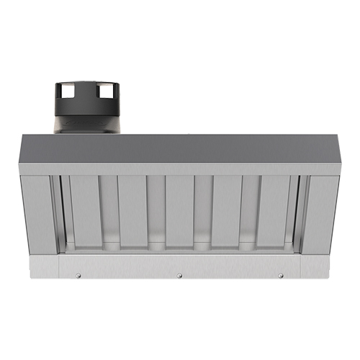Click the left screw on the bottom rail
click(x=78, y=274)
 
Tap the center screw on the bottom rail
click(x=179, y=275)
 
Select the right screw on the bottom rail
click(x=280, y=274)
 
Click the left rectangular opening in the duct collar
click(x=64, y=92)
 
